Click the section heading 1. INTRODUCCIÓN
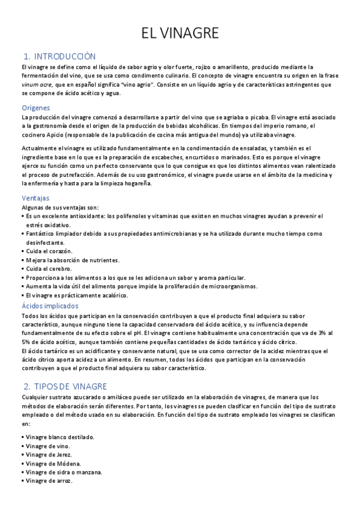point(59,55)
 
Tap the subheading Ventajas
point(35,198)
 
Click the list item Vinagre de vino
point(47,446)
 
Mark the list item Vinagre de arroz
point(49,482)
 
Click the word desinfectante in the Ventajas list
point(46,242)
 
